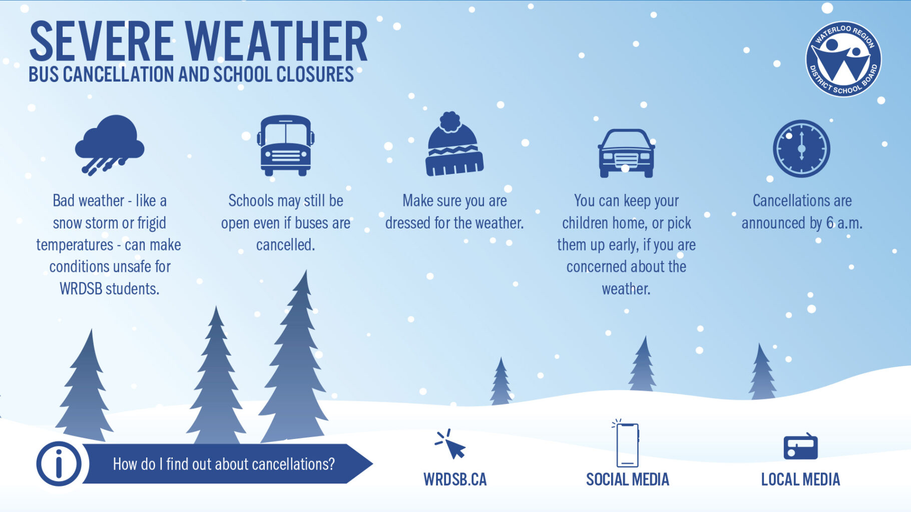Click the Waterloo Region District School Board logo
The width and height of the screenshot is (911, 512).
843,59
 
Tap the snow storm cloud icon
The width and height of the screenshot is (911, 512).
110,144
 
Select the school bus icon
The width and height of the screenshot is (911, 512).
285,145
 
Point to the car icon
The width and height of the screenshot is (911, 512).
626,153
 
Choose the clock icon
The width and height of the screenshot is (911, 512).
801,148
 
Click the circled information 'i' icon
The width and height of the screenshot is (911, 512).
59,463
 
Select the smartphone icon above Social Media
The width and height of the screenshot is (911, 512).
627,444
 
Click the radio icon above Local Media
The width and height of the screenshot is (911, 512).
800,446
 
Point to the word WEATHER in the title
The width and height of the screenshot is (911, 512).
277,42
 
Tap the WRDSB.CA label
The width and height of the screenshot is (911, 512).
454,479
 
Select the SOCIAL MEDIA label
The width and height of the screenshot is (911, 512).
627,479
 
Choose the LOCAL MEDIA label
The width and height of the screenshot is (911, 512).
800,479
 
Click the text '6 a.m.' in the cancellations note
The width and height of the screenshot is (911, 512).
844,223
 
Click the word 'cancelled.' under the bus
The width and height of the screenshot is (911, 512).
285,245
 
